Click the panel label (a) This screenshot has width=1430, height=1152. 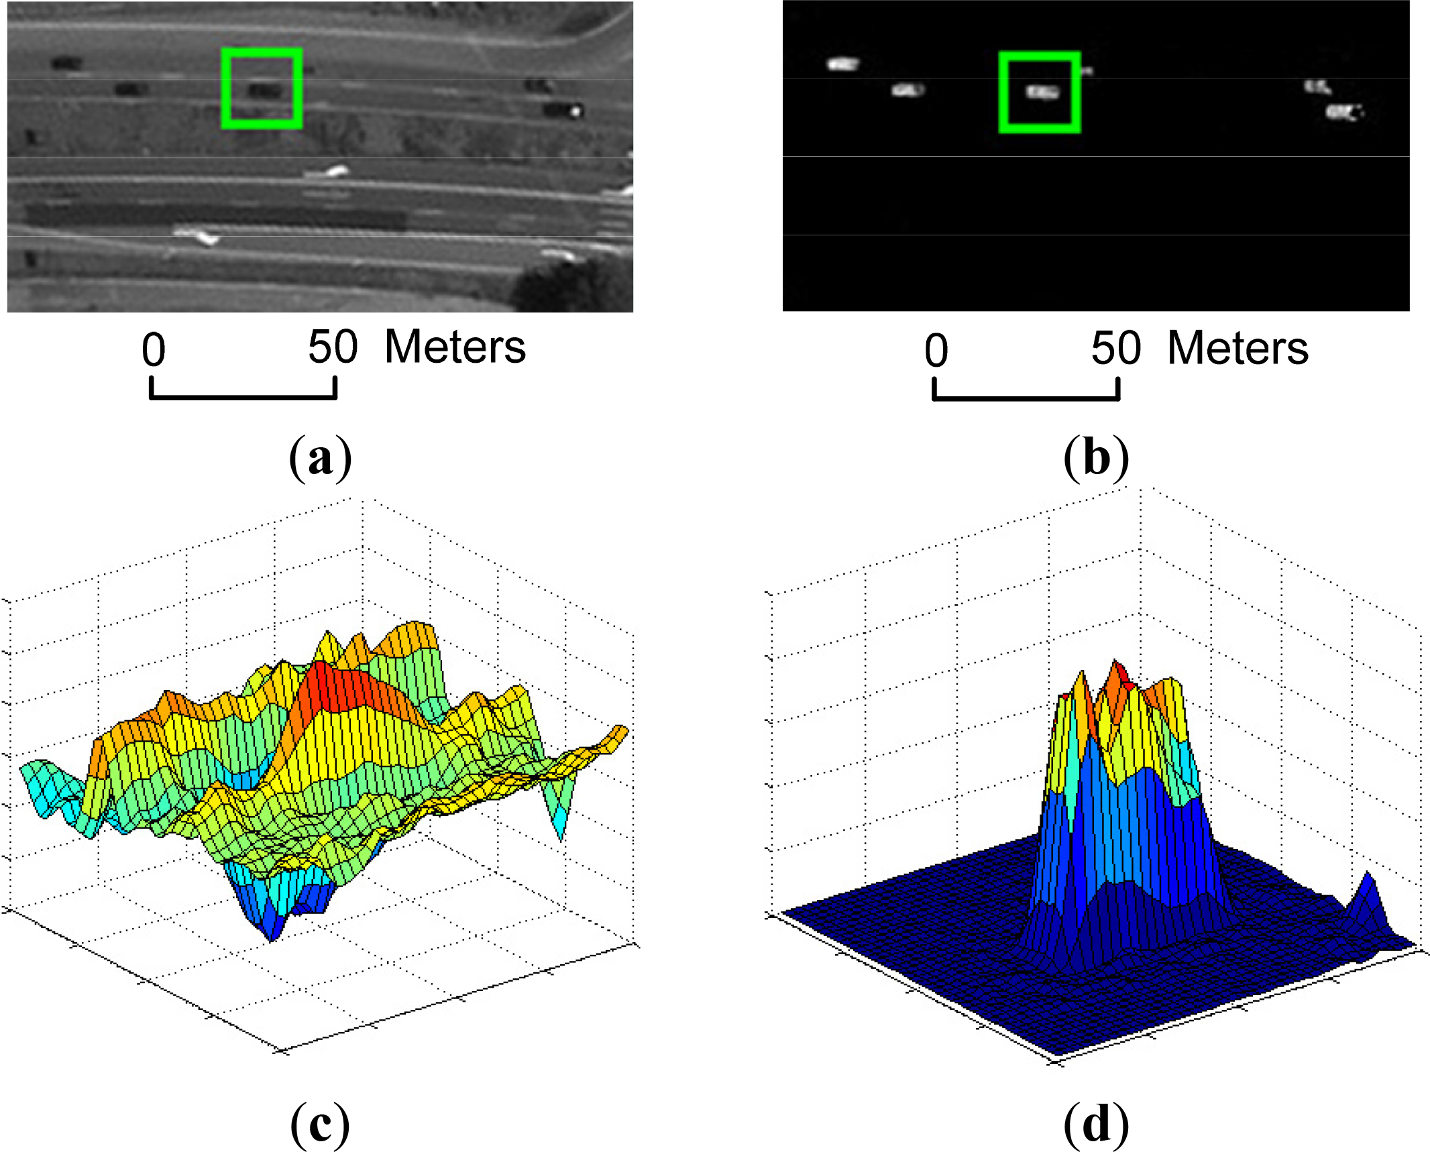pos(320,458)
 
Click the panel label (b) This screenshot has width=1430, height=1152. pos(1096,458)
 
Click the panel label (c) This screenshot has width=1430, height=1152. pos(320,1124)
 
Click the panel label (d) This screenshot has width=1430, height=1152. pos(1096,1124)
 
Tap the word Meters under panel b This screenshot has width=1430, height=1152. pos(1237,349)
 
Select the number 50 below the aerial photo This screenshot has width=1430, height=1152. pos(333,347)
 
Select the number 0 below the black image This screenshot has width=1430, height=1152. pos(936,351)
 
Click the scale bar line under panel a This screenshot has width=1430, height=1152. pos(243,397)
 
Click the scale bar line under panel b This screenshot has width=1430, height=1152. pos(1026,398)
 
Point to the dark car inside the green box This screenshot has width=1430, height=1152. pos(264,91)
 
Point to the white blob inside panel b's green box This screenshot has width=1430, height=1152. pos(1042,92)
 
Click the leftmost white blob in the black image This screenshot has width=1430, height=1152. pos(842,64)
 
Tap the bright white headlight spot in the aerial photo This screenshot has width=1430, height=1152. pos(575,111)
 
